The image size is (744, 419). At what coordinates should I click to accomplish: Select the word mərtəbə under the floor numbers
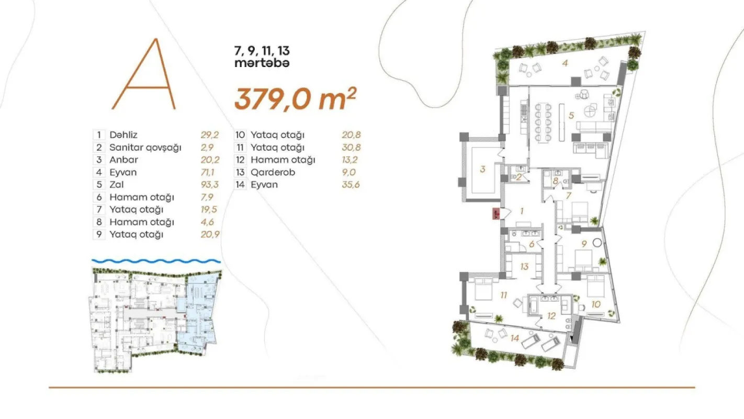[x=262, y=63]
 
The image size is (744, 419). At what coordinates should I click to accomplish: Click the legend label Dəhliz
[x=123, y=135]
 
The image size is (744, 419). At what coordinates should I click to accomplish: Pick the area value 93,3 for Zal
[x=210, y=184]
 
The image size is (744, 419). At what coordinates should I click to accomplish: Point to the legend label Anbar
[x=123, y=160]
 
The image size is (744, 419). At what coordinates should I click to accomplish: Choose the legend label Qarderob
[x=273, y=172]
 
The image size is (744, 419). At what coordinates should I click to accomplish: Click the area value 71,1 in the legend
[x=210, y=172]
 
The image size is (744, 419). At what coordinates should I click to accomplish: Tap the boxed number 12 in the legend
[x=240, y=160]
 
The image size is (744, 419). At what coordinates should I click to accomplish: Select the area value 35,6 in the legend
[x=351, y=184]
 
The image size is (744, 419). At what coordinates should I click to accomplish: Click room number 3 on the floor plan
[x=482, y=169]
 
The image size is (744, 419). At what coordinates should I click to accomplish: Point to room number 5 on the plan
[x=571, y=115]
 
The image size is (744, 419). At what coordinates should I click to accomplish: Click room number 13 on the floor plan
[x=524, y=267]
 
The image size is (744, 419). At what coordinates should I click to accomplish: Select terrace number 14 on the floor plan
[x=515, y=338]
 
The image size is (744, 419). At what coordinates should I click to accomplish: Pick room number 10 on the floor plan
[x=596, y=303]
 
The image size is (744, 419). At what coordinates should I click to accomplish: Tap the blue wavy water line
[x=156, y=260]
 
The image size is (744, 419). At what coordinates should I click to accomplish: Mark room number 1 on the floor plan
[x=521, y=211]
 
